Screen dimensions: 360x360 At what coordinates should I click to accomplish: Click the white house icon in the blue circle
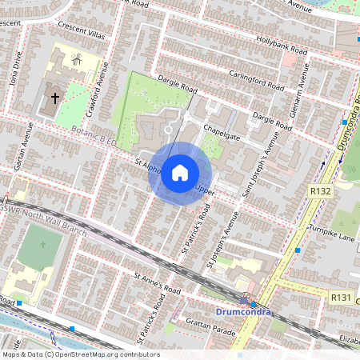tap(180, 172)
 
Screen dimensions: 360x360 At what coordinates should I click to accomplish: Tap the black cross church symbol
tap(55, 98)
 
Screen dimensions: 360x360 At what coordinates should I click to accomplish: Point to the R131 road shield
tap(342, 297)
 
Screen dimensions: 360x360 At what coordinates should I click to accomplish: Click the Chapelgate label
tap(222, 127)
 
